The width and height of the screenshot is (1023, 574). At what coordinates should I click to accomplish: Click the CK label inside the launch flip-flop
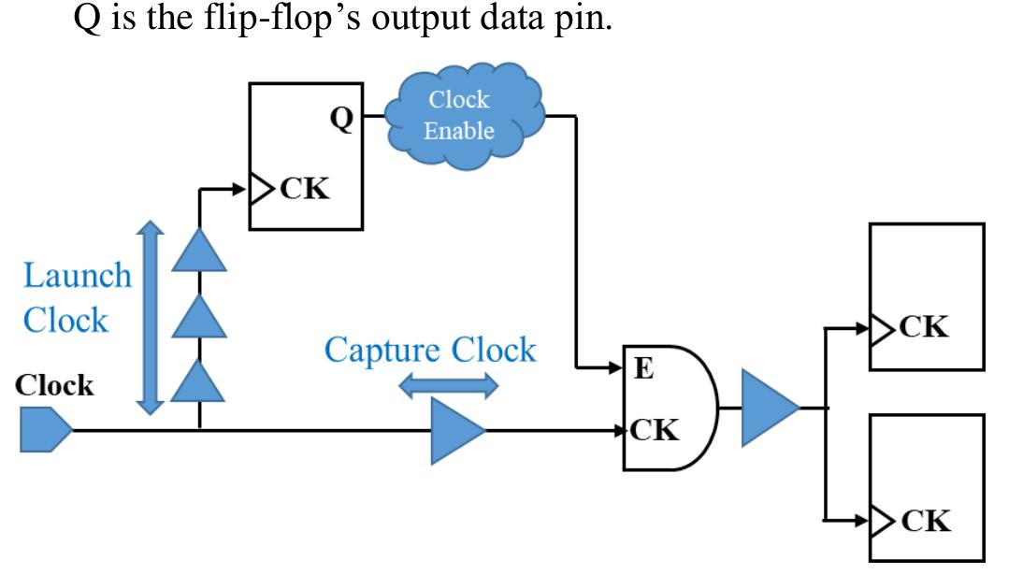click(304, 190)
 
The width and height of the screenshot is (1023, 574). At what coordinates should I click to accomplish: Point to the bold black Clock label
click(54, 386)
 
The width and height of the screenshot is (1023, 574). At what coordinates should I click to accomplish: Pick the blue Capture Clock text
click(430, 350)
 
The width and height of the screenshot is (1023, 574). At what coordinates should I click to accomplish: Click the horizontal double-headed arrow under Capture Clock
click(449, 385)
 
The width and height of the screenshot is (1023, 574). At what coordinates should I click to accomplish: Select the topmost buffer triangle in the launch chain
click(198, 250)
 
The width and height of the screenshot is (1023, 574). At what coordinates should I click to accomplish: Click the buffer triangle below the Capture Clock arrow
click(456, 431)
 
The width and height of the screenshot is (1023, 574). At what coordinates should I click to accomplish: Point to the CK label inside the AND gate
click(654, 430)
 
